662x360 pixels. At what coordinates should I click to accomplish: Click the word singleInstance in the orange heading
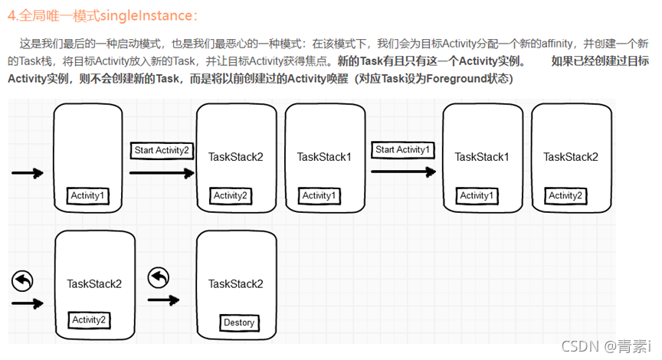click(146, 15)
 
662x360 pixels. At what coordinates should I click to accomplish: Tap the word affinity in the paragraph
click(557, 44)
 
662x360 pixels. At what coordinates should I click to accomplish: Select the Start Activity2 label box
click(162, 150)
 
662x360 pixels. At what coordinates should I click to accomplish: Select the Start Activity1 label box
click(403, 149)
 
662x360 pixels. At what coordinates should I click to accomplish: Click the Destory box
click(239, 322)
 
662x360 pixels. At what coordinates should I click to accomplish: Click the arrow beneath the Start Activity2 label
click(162, 172)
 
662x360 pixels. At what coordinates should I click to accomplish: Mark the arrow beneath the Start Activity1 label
click(403, 172)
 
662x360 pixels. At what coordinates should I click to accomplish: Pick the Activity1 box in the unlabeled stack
click(88, 196)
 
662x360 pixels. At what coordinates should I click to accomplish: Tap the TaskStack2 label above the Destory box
click(235, 283)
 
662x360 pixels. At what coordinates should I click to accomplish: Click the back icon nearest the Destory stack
click(159, 278)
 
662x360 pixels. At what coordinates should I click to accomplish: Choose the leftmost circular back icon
click(22, 281)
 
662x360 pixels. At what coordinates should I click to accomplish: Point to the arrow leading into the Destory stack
click(164, 300)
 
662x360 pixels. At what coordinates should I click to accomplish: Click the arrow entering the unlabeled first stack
click(28, 173)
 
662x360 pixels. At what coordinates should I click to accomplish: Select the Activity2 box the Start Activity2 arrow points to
click(231, 196)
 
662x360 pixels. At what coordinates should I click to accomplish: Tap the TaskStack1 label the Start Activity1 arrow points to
click(482, 157)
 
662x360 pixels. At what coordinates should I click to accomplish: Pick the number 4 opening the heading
click(11, 16)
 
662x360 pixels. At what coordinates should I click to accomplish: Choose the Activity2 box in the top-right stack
click(565, 196)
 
